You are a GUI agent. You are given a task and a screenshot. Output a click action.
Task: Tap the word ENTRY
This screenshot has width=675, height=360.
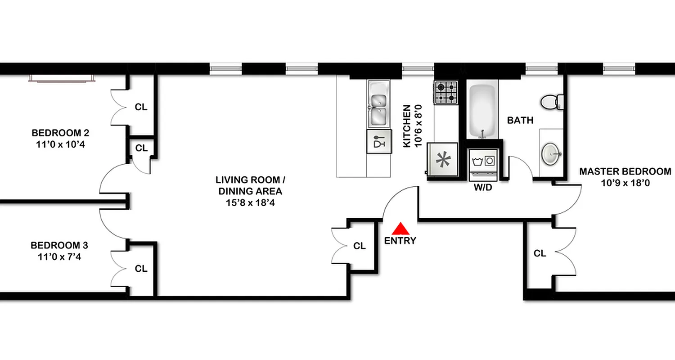[x=400, y=241]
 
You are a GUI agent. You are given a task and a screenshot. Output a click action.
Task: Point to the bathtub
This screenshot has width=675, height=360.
[x=483, y=110]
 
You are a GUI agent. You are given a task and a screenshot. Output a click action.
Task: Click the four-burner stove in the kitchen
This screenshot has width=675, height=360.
[x=446, y=92]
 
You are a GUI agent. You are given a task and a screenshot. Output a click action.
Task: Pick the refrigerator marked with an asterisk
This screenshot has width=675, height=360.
[x=442, y=160]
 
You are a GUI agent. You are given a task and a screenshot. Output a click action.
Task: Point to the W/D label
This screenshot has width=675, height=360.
[x=483, y=188]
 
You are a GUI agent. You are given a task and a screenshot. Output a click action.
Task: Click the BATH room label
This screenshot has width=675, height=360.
[x=520, y=121]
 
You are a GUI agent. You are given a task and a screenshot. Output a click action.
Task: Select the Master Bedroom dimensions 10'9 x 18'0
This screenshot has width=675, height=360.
[x=625, y=183]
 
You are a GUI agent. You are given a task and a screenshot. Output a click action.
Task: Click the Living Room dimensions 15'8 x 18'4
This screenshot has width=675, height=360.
[x=250, y=202]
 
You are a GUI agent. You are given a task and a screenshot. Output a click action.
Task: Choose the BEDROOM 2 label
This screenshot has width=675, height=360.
[x=60, y=133]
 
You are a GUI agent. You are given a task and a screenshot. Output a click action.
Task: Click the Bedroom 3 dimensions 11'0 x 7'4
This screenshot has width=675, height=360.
[x=59, y=257]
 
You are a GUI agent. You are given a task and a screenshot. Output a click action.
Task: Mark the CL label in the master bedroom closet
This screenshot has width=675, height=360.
[x=540, y=254]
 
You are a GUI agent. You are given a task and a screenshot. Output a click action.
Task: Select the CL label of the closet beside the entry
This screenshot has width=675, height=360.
[x=360, y=246]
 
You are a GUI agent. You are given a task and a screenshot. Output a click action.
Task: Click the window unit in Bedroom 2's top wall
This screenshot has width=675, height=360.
[x=62, y=78]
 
